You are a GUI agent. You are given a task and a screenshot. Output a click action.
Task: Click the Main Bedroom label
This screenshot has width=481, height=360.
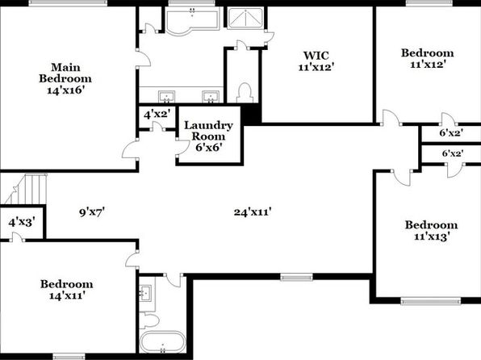[x=65, y=78]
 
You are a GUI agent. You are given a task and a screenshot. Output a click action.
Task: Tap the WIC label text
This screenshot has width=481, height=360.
[x=316, y=61]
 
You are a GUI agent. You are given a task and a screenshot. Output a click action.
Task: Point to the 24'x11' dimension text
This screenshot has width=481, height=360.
[x=253, y=212]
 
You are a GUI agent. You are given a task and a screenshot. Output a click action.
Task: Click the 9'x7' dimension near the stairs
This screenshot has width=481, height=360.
[x=92, y=212]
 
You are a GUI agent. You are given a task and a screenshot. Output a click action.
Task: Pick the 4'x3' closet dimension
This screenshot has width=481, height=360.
[x=21, y=222]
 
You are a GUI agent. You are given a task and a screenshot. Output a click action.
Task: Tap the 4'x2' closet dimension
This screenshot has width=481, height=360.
[x=157, y=115]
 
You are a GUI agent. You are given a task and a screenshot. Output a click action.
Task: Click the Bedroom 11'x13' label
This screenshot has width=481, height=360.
[x=431, y=231]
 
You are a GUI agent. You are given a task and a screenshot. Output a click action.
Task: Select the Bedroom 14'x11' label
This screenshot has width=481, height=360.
[x=66, y=290]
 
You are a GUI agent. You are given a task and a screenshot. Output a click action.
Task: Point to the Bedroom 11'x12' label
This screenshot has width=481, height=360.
[x=428, y=58]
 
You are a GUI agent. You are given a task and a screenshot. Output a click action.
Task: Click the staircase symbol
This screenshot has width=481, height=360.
[x=26, y=189]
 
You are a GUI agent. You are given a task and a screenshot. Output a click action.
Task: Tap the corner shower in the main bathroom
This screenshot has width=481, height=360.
[x=245, y=19]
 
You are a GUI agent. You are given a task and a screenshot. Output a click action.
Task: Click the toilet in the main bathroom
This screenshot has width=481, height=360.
[x=245, y=93]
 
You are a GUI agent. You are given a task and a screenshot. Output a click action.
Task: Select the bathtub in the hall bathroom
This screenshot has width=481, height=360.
[x=162, y=342]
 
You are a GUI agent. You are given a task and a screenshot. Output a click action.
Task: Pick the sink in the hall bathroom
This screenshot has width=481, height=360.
[x=145, y=292]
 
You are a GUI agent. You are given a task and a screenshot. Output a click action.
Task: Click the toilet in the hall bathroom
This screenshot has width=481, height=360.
[x=149, y=320]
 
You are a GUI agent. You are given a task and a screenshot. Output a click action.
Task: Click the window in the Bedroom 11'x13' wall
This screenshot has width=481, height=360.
[x=431, y=300]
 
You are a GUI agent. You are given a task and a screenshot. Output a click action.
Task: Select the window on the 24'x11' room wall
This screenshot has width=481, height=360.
[x=296, y=277]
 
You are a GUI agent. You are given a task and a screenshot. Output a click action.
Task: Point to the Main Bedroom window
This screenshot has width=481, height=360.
[x=68, y=3]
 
